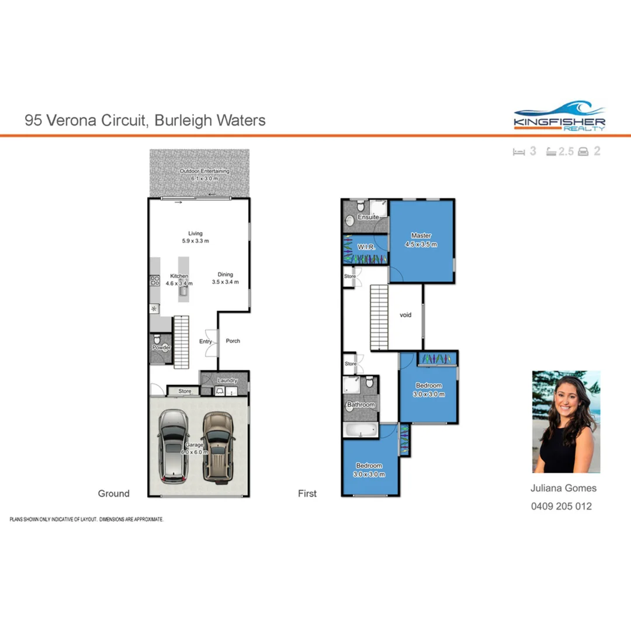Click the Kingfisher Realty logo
tap(559, 116)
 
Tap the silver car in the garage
tap(174, 446)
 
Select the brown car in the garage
tap(219, 447)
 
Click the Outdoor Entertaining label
tap(204, 171)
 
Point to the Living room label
tap(195, 233)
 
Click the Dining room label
tap(225, 274)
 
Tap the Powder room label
tap(161, 348)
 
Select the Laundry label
tap(227, 381)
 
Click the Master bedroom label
tap(421, 236)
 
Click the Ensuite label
tap(369, 217)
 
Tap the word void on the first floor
tap(405, 315)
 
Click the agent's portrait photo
tap(566, 421)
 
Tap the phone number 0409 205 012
tap(561, 506)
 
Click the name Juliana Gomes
tap(563, 488)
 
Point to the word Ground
tap(113, 494)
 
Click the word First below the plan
tap(307, 494)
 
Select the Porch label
tap(233, 341)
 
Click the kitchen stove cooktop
tap(155, 281)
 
